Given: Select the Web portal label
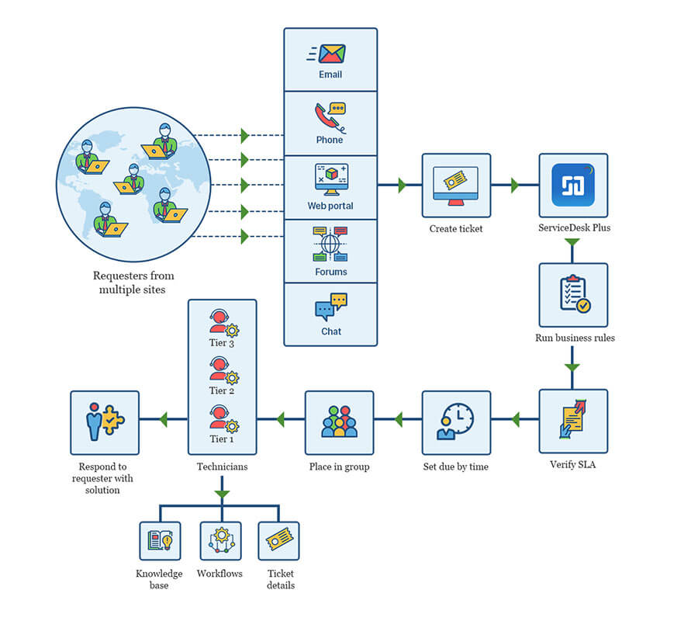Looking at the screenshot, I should [x=330, y=206].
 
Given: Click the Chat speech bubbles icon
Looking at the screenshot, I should [x=331, y=307].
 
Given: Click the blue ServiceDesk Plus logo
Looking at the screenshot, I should [x=573, y=185].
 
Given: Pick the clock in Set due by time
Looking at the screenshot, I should [x=458, y=419].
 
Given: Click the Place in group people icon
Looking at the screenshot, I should [x=339, y=422].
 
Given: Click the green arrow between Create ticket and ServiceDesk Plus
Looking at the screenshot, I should [x=515, y=186].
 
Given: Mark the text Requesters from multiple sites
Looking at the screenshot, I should [x=133, y=283].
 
